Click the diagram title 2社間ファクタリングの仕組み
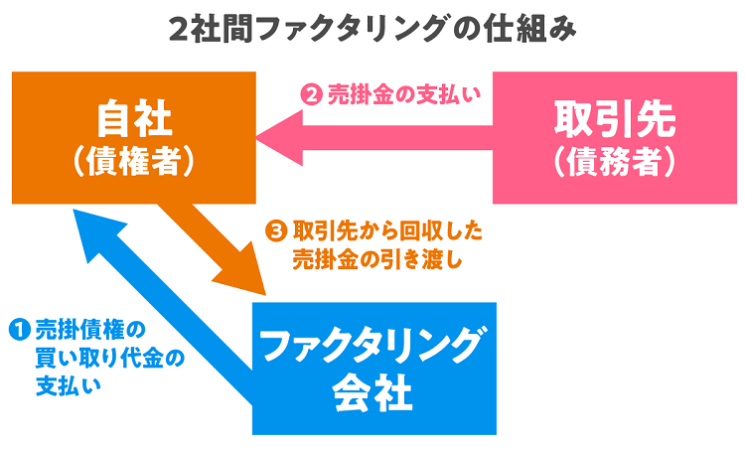[x=372, y=29]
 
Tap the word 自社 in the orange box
[x=133, y=119]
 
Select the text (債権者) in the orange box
[x=133, y=162]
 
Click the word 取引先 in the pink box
[x=616, y=119]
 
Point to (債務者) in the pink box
[x=616, y=161]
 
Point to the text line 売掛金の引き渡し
[x=377, y=260]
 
